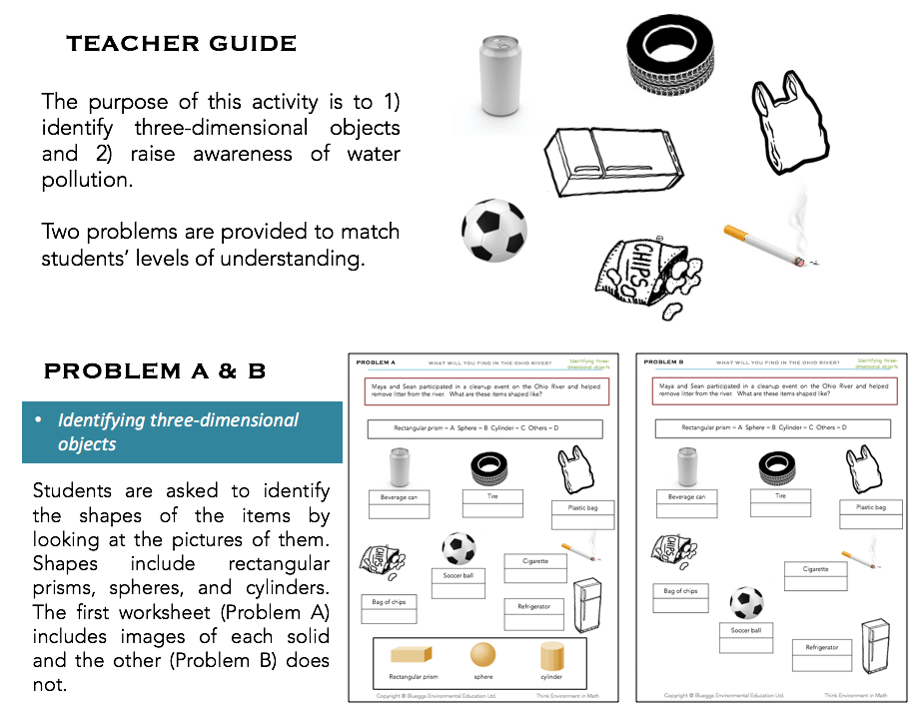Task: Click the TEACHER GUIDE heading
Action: (181, 44)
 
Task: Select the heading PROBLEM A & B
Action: (155, 371)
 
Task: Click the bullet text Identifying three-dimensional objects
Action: (178, 431)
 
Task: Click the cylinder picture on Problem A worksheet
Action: (551, 655)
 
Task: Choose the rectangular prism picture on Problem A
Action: (413, 655)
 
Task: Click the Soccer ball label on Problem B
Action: (745, 630)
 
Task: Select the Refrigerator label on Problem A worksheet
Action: (533, 606)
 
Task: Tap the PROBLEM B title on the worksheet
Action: (664, 361)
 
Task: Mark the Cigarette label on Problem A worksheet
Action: (534, 561)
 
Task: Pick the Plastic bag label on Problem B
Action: (870, 507)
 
